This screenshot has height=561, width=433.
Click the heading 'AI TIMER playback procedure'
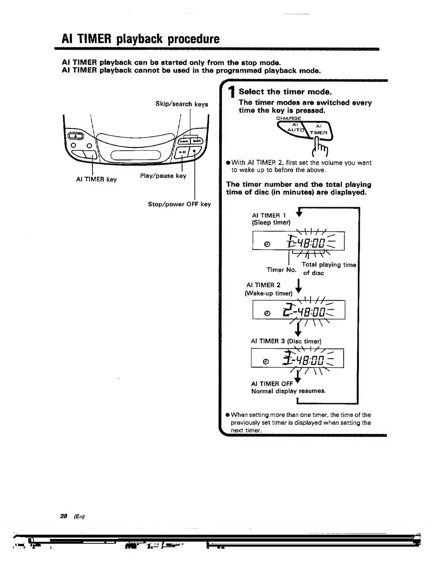tap(140, 39)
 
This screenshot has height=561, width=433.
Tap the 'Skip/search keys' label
tap(181, 104)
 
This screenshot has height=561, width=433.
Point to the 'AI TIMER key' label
tap(96, 179)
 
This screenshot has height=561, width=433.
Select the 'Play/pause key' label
tap(163, 176)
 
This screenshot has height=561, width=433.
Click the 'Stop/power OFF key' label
tap(179, 204)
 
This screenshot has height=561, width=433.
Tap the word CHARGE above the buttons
tap(288, 118)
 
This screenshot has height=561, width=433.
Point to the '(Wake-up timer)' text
tap(269, 293)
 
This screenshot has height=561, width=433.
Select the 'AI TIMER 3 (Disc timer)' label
tap(286, 341)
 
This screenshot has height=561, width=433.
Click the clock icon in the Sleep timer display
tap(267, 244)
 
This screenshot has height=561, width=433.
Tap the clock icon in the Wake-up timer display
tap(268, 313)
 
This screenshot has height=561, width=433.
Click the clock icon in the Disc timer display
tap(266, 361)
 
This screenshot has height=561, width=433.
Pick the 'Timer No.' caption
tap(281, 270)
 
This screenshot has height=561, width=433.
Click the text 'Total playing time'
tap(329, 265)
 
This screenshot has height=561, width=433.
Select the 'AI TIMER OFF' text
tap(272, 384)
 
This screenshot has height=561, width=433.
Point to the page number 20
tap(64, 516)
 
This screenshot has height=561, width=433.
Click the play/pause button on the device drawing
tap(183, 152)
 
